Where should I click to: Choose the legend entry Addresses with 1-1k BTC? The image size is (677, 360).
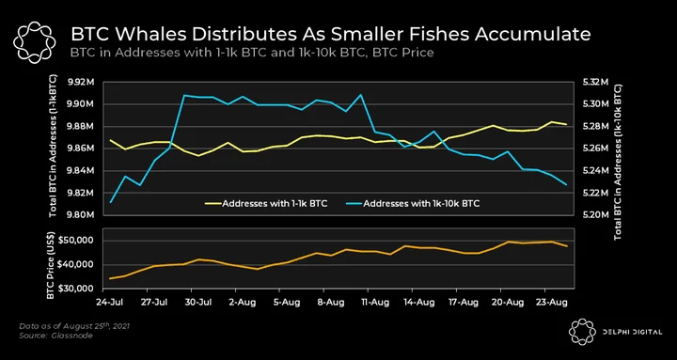(266, 203)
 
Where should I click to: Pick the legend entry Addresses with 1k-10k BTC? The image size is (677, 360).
(413, 203)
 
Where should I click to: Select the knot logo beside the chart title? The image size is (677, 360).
(35, 42)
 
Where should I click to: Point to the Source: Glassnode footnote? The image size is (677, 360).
(55, 336)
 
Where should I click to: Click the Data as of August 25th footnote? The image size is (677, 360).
(74, 326)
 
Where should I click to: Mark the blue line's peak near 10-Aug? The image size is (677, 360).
(360, 95)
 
